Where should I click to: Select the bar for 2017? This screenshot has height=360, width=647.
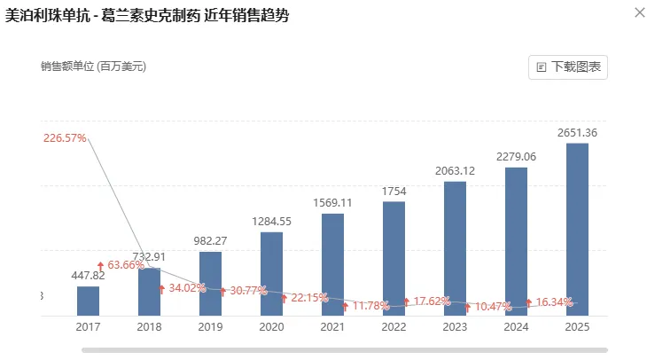[x=89, y=301]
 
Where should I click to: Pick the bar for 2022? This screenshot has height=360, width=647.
[x=394, y=258]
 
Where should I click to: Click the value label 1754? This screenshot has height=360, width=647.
[x=394, y=192]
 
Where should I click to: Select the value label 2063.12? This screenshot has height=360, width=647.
[x=455, y=171]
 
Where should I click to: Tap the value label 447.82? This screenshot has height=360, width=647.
[x=89, y=276]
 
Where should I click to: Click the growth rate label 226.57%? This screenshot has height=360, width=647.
[x=64, y=137]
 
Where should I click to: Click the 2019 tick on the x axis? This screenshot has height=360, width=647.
[x=210, y=327]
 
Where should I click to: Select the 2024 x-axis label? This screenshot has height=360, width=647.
[x=516, y=327]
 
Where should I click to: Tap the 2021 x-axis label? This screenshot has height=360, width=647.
[x=332, y=327]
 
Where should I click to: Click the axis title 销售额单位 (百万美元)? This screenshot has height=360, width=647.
[x=93, y=67]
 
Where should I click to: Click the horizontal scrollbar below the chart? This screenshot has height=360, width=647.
[x=346, y=350]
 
